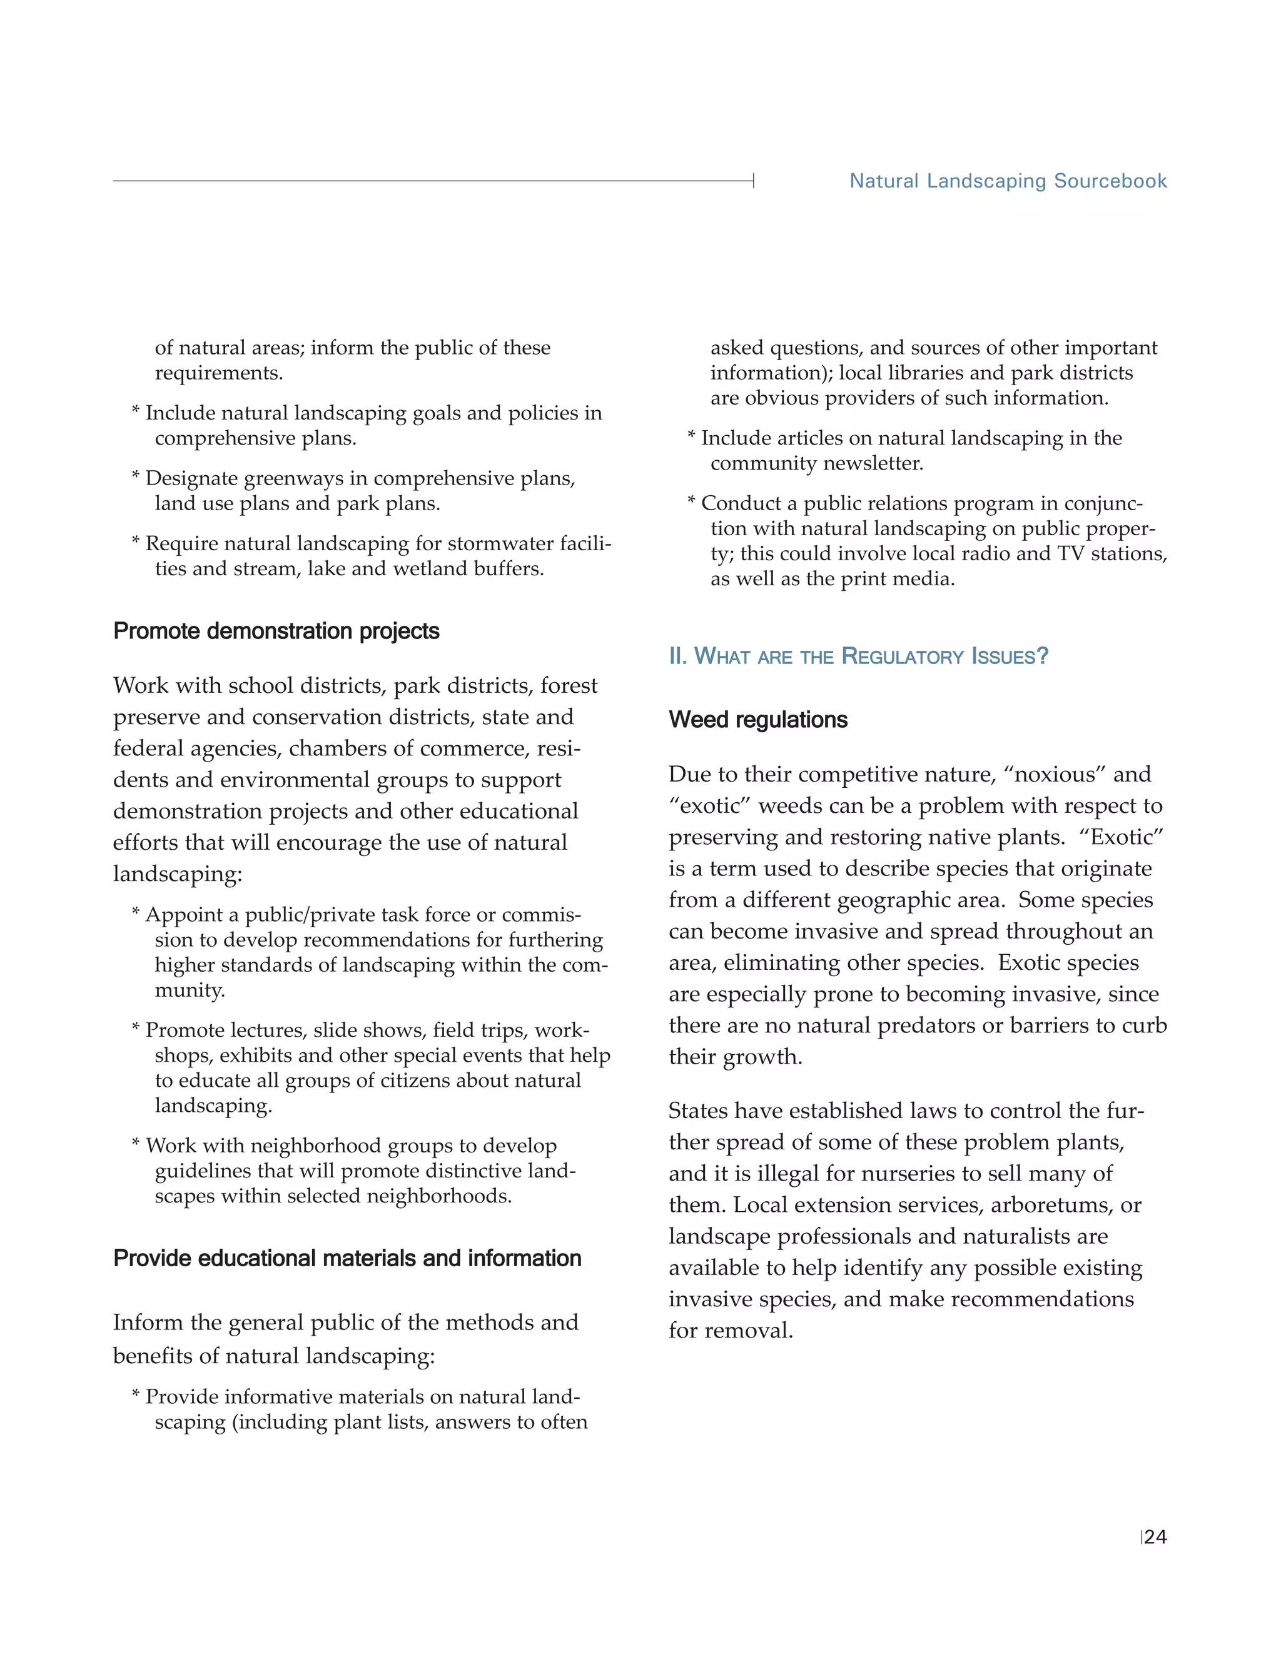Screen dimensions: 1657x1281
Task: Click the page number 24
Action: [1155, 1537]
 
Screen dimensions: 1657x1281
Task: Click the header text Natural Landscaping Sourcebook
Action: [1008, 181]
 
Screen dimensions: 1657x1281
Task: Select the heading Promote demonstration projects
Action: [276, 632]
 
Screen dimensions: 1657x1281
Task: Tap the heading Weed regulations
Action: [758, 719]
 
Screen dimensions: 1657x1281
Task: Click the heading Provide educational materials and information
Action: [347, 1258]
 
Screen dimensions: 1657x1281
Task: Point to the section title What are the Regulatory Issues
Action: [858, 657]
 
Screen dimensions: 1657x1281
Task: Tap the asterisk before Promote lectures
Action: [136, 1029]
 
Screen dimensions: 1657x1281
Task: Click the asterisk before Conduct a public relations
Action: [691, 502]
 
